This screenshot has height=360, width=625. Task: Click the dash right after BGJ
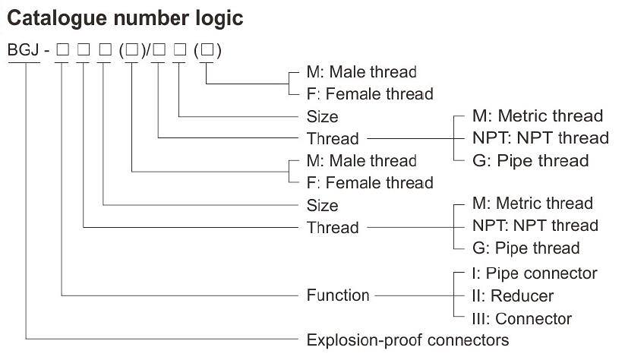(x=46, y=52)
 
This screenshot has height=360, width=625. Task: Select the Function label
(x=338, y=295)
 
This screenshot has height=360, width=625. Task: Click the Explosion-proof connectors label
(x=407, y=339)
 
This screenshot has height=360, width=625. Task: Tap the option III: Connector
(x=521, y=318)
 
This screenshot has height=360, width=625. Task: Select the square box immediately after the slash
(x=159, y=52)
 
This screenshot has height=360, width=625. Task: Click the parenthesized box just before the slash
(x=132, y=52)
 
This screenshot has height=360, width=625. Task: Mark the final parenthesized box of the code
(x=207, y=52)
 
